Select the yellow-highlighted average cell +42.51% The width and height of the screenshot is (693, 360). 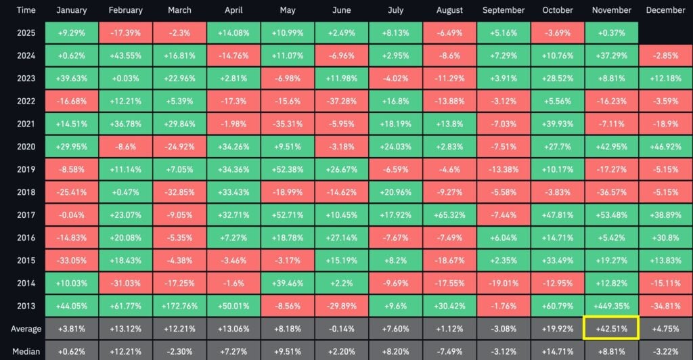click(x=611, y=329)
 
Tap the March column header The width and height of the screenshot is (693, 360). click(x=179, y=10)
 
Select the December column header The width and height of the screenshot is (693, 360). click(x=665, y=10)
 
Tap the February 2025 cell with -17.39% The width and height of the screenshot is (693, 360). click(x=125, y=32)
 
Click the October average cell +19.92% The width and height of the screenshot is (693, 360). click(x=557, y=329)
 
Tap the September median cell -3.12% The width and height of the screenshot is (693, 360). click(x=504, y=351)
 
